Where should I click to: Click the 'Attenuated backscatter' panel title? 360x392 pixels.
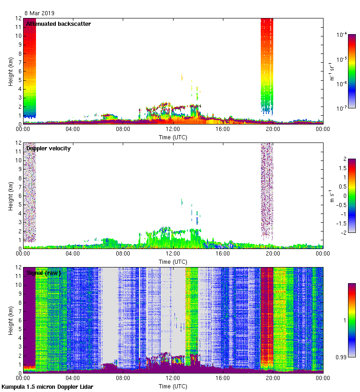point(59,24)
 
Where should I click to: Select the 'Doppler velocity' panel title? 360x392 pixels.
point(48,148)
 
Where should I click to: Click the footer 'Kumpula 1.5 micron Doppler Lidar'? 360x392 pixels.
point(47,386)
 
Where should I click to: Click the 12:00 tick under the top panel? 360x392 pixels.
point(173,130)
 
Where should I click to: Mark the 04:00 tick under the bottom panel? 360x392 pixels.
point(73,379)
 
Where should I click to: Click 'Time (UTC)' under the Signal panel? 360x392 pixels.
point(173,386)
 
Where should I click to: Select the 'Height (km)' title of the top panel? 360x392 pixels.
point(10,71)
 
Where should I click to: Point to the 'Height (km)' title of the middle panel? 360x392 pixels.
point(10,196)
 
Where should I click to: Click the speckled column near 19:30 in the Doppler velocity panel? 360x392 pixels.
point(267,189)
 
